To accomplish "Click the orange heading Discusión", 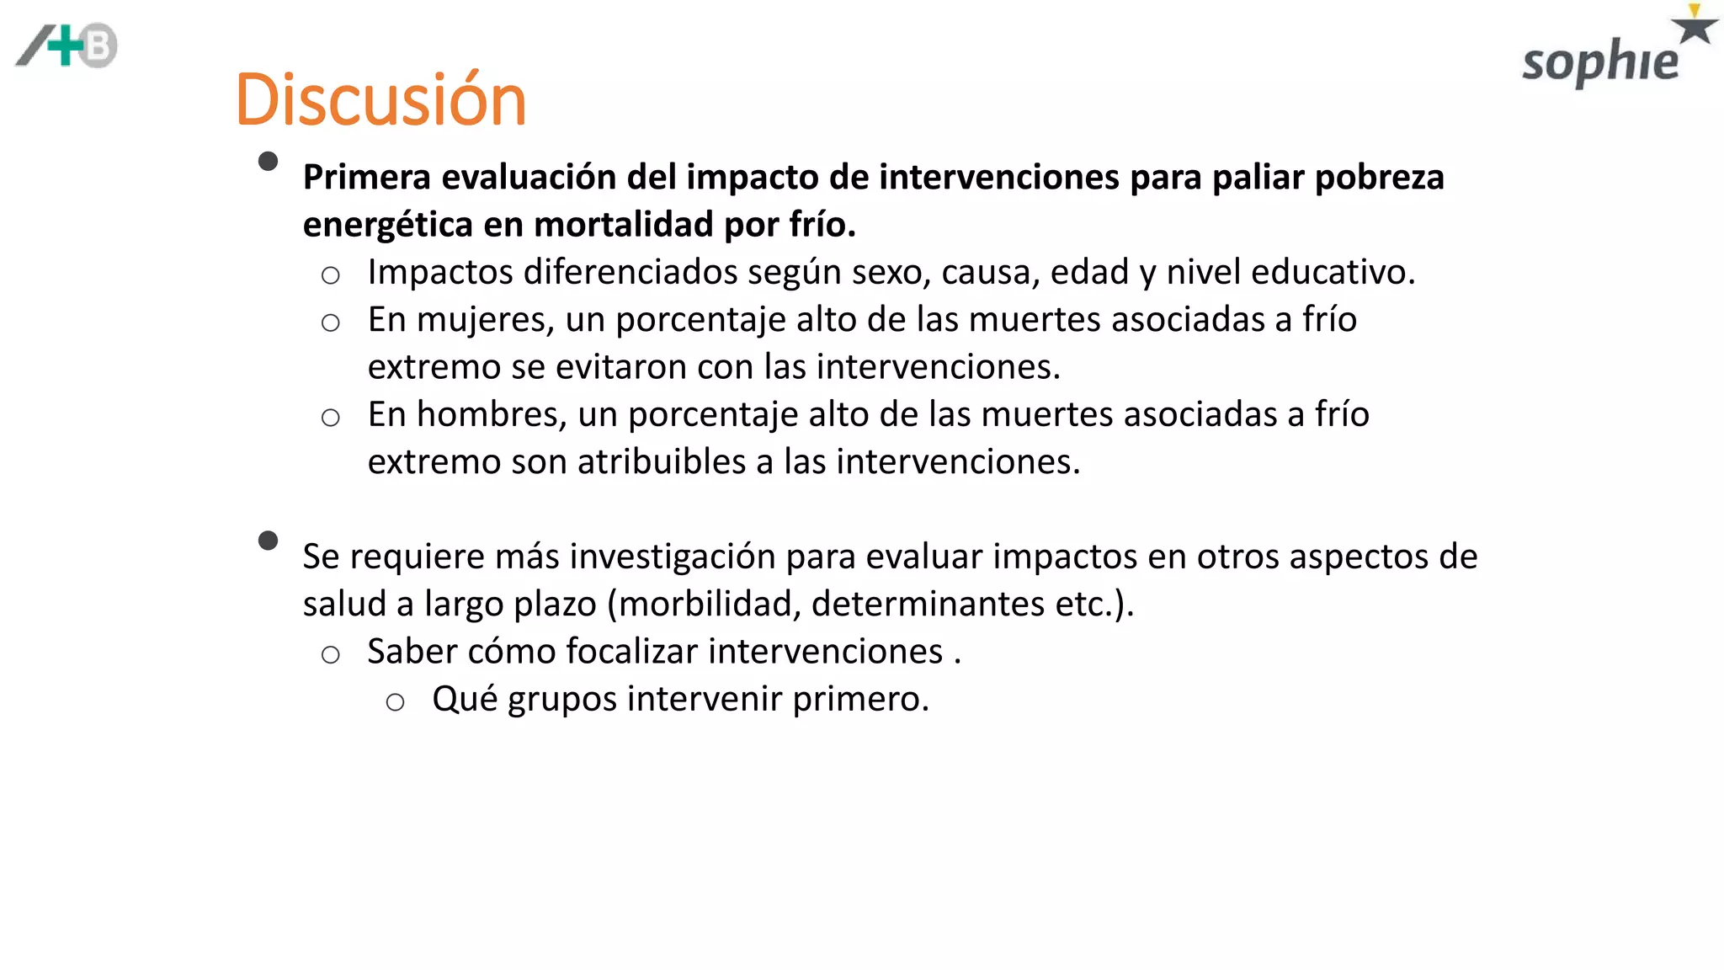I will pyautogui.click(x=380, y=99).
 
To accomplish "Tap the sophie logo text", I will pyautogui.click(x=1599, y=63).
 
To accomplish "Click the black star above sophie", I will pyautogui.click(x=1694, y=27).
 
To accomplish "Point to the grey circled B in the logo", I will pyautogui.click(x=99, y=46).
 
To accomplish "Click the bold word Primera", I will pyautogui.click(x=366, y=178).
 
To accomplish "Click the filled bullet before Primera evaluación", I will pyautogui.click(x=269, y=162).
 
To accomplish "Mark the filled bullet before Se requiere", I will pyautogui.click(x=269, y=541).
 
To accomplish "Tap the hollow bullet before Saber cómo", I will pyautogui.click(x=331, y=655).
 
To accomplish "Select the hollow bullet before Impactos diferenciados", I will pyautogui.click(x=331, y=275).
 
